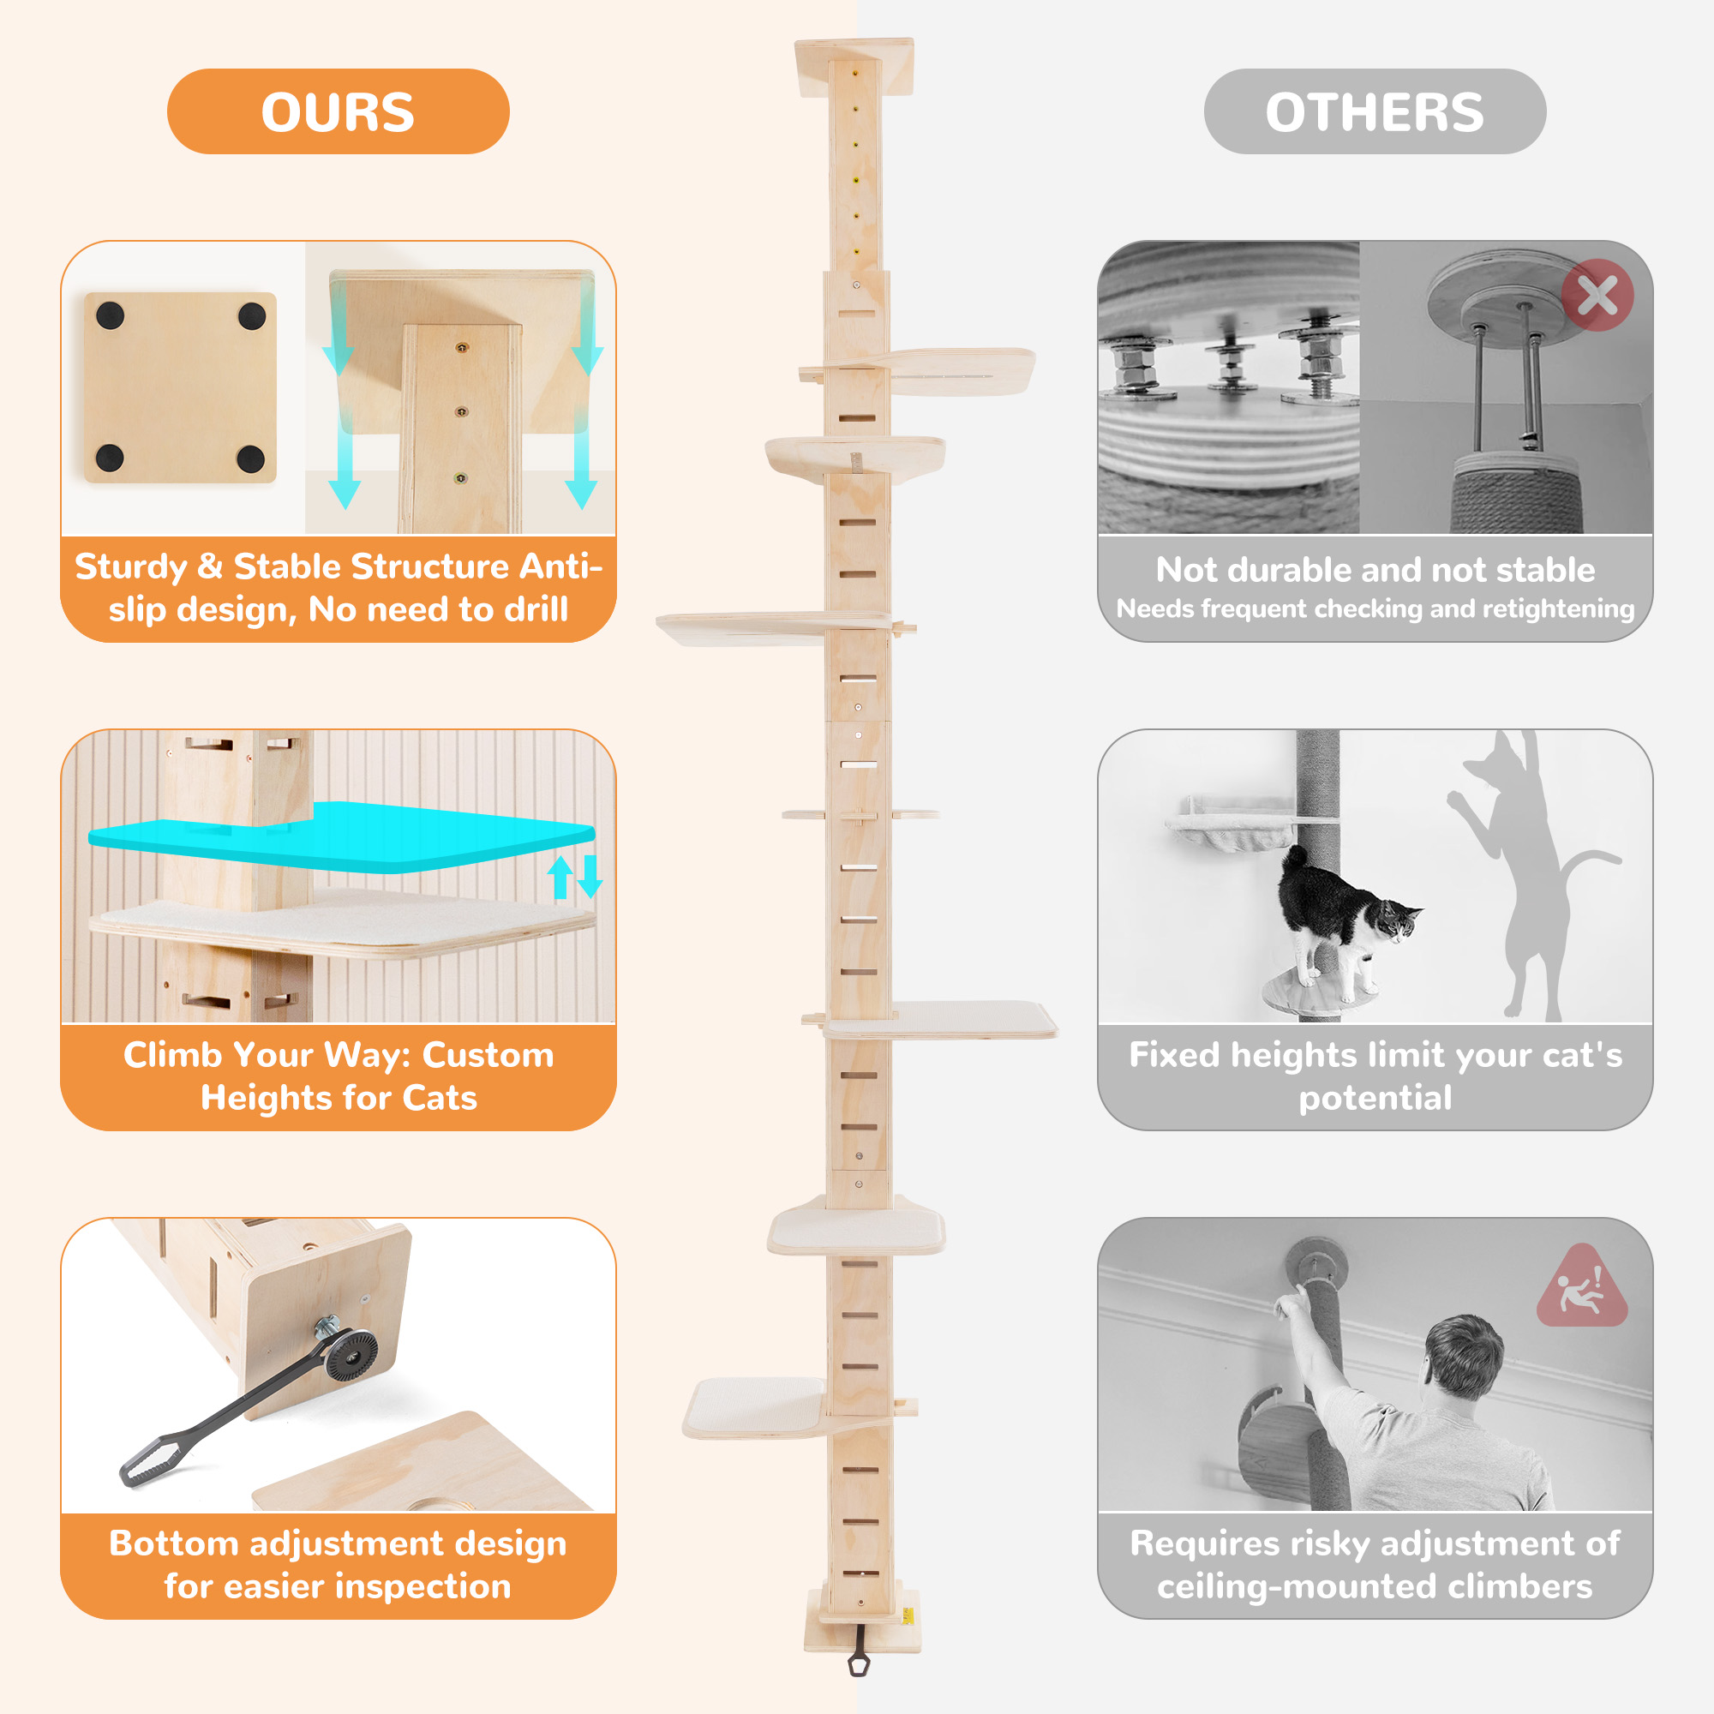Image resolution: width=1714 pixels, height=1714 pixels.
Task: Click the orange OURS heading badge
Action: pos(338,111)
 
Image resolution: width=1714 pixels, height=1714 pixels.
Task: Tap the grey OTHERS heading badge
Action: pos(1375,111)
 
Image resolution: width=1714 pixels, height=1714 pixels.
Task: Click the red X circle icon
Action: pos(1597,296)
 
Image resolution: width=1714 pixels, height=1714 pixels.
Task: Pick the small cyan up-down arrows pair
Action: pos(575,877)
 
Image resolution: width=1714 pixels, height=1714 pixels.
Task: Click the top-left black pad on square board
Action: pos(110,314)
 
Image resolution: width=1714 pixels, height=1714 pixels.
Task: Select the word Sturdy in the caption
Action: pos(130,566)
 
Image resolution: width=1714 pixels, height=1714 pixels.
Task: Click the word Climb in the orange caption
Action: pos(172,1055)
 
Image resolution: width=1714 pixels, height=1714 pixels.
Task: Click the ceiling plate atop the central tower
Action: pos(854,67)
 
